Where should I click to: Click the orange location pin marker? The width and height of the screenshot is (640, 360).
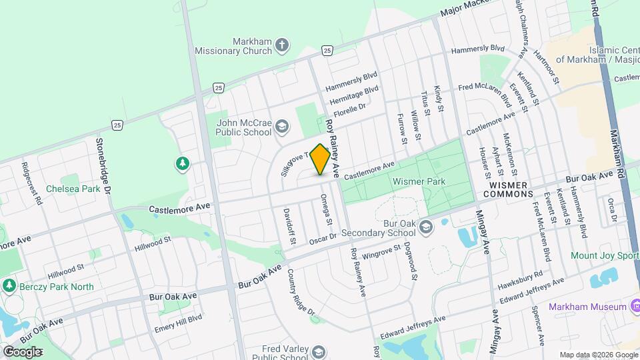pos(320,159)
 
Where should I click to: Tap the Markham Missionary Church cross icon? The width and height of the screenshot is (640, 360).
pos(282,45)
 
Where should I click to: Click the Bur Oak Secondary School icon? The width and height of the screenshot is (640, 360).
pos(426,229)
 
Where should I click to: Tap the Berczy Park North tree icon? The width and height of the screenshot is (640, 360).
pos(9,286)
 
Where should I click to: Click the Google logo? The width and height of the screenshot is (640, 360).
pos(22,351)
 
